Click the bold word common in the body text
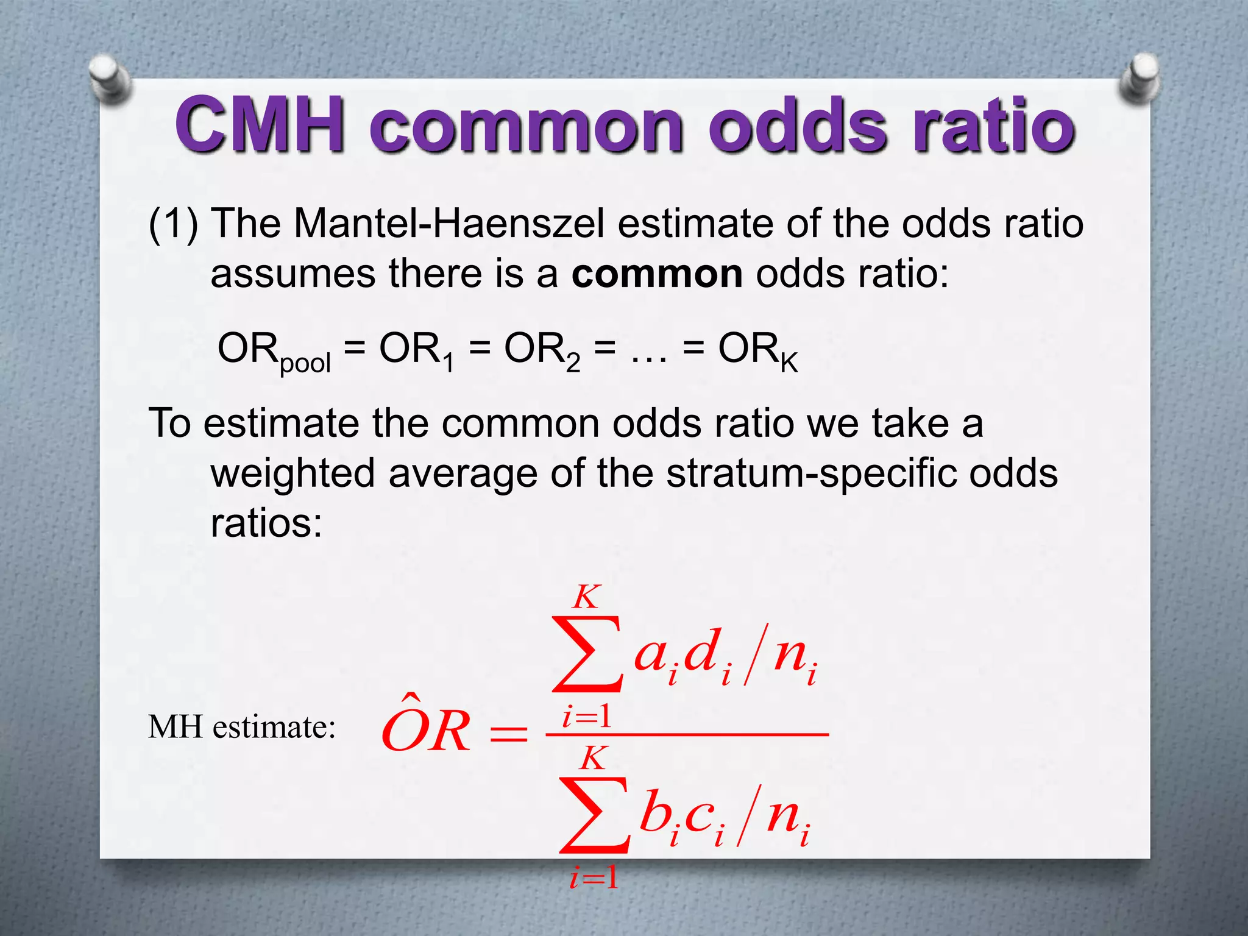click(x=657, y=274)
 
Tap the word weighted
click(x=292, y=474)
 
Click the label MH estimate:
click(x=242, y=727)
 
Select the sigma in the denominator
click(x=594, y=815)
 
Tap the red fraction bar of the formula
click(x=687, y=735)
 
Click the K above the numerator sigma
click(x=586, y=597)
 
